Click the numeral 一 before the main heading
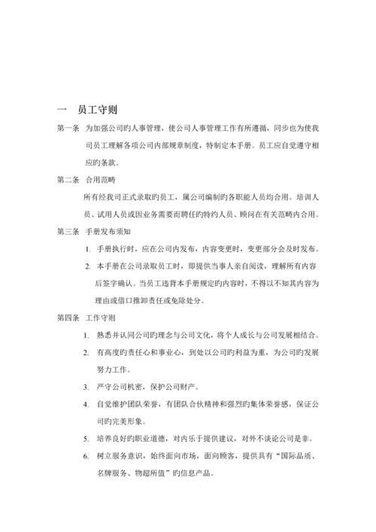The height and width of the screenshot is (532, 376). (x=63, y=108)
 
